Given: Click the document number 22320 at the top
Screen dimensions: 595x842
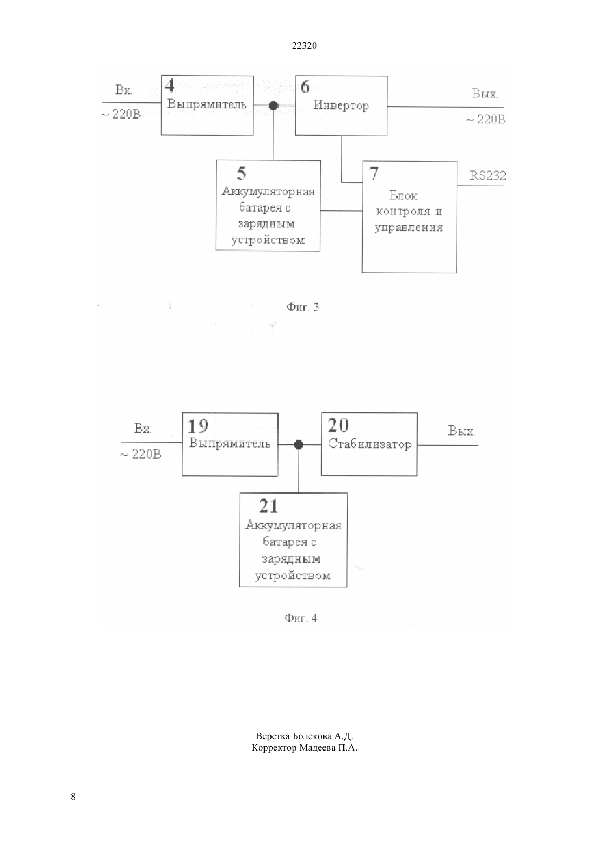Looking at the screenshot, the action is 304,45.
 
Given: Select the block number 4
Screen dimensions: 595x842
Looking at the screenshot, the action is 169,85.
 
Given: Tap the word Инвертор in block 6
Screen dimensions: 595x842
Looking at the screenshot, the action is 341,105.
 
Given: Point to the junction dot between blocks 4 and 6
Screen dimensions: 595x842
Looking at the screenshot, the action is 274,106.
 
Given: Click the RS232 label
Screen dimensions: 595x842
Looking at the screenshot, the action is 487,175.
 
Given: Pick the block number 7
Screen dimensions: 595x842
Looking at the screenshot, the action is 374,173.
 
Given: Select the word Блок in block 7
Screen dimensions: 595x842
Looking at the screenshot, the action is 403,195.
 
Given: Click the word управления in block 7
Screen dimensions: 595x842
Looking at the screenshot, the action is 409,227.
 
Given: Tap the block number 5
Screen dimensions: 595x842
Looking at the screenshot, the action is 242,173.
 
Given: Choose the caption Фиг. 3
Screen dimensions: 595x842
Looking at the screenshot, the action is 302,307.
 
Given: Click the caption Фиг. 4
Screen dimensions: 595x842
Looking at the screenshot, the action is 301,617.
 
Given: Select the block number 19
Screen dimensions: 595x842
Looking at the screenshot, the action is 197,426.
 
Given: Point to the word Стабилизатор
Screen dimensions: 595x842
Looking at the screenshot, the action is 369,444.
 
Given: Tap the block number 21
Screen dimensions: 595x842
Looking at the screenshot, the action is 269,506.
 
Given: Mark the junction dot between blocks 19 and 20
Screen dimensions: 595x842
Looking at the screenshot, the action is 299,445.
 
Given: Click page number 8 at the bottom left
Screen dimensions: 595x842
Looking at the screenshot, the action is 73,797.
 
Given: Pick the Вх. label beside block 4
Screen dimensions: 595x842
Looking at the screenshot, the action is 123,89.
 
